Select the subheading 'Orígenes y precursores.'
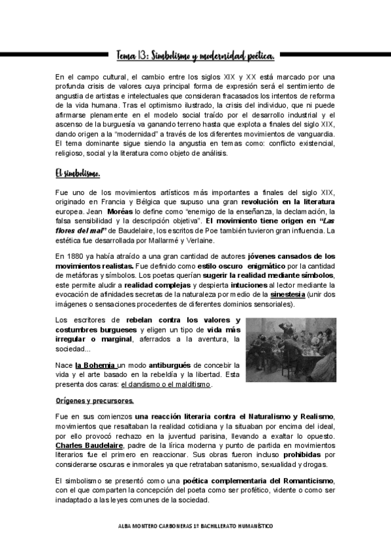pyautogui.click(x=95, y=400)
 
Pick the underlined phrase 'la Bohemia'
pyautogui.click(x=95, y=365)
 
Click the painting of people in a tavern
pyautogui.click(x=291, y=349)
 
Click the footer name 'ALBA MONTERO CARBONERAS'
pyautogui.click(x=155, y=526)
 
